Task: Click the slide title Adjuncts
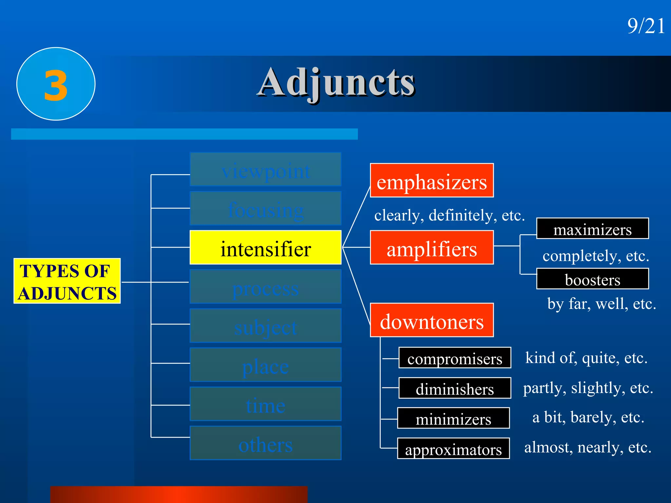pyautogui.click(x=336, y=83)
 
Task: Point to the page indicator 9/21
pyautogui.click(x=646, y=26)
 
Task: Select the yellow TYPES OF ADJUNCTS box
pyautogui.click(x=67, y=281)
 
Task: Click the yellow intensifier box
pyautogui.click(x=265, y=248)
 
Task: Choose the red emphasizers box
pyautogui.click(x=431, y=180)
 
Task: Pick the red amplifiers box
pyautogui.click(x=431, y=248)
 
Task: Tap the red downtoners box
pyautogui.click(x=431, y=320)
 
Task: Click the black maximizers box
pyautogui.click(x=592, y=229)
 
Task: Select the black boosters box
pyautogui.click(x=592, y=279)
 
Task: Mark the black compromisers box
pyautogui.click(x=455, y=358)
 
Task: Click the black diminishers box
pyautogui.click(x=455, y=388)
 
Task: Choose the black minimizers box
pyautogui.click(x=453, y=418)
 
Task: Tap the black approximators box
pyautogui.click(x=453, y=448)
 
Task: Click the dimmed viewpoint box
pyautogui.click(x=265, y=170)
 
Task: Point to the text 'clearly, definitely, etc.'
pyautogui.click(x=450, y=215)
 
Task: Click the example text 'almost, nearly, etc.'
pyautogui.click(x=588, y=447)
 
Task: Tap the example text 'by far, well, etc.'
pyautogui.click(x=602, y=304)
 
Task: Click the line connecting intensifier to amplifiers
pyautogui.click(x=356, y=247)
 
